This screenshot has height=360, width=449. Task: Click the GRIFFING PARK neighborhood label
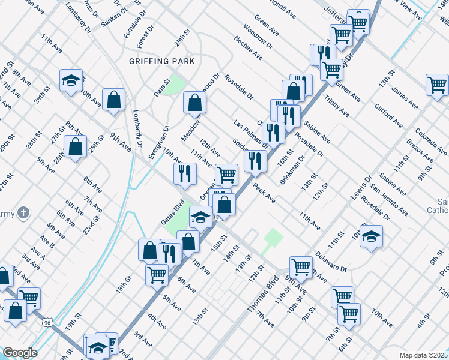[161, 61]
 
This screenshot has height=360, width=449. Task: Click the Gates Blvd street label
[171, 213]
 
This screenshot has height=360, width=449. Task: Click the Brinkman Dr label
[293, 170]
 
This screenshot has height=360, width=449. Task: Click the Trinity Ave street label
[336, 104]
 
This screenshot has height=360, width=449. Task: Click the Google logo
[20, 353]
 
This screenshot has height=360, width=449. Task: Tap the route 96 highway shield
[47, 322]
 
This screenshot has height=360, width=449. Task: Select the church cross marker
[23, 212]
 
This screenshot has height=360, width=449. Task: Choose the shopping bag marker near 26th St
[76, 146]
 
